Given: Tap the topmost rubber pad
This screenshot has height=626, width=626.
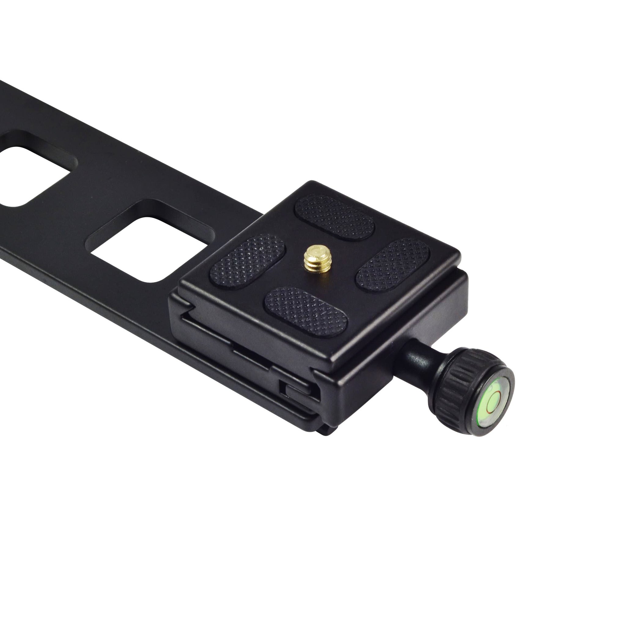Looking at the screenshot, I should (335, 216).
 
